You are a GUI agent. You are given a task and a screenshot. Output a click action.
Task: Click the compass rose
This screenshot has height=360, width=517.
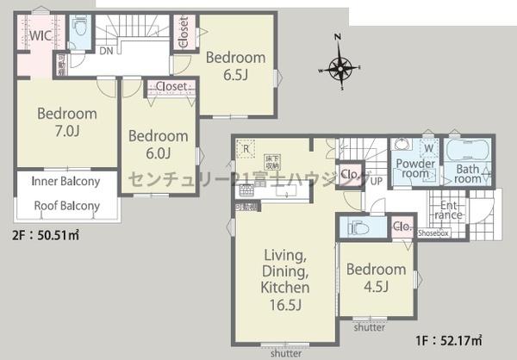tap(342, 66)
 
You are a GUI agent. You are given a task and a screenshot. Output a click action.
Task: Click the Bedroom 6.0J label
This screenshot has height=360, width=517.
tap(158, 145)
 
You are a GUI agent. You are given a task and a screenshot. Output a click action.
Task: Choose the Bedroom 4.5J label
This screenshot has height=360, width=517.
tap(376, 278)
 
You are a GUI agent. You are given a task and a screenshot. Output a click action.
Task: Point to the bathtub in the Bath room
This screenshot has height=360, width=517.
tap(468, 149)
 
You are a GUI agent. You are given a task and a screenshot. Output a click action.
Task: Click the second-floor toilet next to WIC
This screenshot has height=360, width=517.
tap(80, 33)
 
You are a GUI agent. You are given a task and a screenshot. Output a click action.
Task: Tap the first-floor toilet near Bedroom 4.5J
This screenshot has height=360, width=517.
tap(358, 228)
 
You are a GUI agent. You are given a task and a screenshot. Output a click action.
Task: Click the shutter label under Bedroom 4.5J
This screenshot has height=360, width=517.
tap(370, 326)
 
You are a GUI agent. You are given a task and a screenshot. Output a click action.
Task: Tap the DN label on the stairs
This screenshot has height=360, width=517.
tap(105, 52)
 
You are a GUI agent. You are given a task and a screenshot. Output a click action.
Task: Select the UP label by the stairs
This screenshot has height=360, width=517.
tap(377, 181)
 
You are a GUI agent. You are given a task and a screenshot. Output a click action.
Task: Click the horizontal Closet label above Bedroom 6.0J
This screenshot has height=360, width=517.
tap(172, 86)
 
